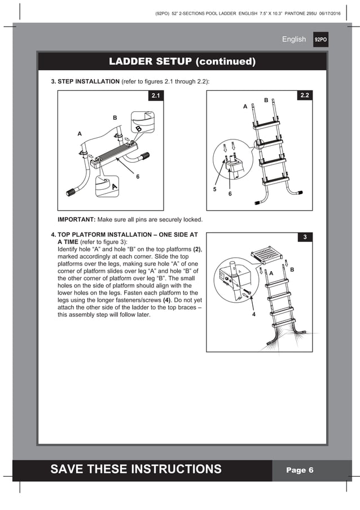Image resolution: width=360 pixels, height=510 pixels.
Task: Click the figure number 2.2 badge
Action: [304, 96]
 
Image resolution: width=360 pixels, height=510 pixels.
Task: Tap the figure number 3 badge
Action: [304, 237]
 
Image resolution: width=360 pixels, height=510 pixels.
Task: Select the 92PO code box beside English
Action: [321, 40]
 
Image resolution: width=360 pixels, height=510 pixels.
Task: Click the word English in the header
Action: [293, 40]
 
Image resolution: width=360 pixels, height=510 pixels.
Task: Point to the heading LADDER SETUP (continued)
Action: [182, 61]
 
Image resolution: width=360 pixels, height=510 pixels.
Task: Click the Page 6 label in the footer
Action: [300, 470]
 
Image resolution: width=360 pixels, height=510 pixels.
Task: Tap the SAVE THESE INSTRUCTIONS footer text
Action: [136, 469]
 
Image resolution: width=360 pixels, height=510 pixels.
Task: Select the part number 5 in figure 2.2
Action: [214, 190]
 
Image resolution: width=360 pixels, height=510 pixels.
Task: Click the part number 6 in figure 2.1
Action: [137, 177]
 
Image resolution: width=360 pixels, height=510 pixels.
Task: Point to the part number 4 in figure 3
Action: [254, 315]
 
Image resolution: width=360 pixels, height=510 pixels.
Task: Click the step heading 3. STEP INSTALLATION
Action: [85, 82]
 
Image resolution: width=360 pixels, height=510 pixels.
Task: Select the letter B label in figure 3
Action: [292, 271]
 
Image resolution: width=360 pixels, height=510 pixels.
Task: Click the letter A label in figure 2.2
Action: [245, 106]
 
